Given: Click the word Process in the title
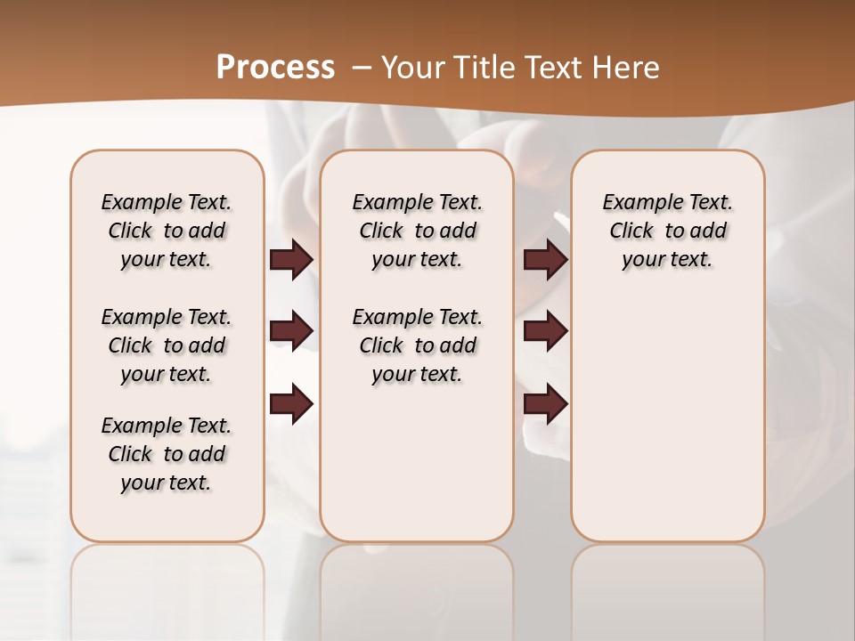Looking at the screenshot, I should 275,68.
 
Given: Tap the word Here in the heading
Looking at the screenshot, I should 628,68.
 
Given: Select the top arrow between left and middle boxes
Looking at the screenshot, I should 291,259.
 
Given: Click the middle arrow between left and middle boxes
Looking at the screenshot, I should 291,332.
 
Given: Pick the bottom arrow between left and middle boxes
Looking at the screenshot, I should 291,405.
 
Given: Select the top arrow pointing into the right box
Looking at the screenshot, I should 545,259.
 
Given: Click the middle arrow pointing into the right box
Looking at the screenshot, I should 545,332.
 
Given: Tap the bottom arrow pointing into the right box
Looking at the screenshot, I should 545,405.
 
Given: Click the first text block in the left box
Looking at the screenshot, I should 167,231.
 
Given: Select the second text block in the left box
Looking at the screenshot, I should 167,345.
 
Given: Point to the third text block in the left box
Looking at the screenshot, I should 167,454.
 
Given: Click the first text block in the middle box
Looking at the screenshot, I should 417,231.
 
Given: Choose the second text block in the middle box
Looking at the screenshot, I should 417,345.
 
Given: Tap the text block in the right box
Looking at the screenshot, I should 667,231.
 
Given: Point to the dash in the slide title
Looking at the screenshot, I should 362,68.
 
